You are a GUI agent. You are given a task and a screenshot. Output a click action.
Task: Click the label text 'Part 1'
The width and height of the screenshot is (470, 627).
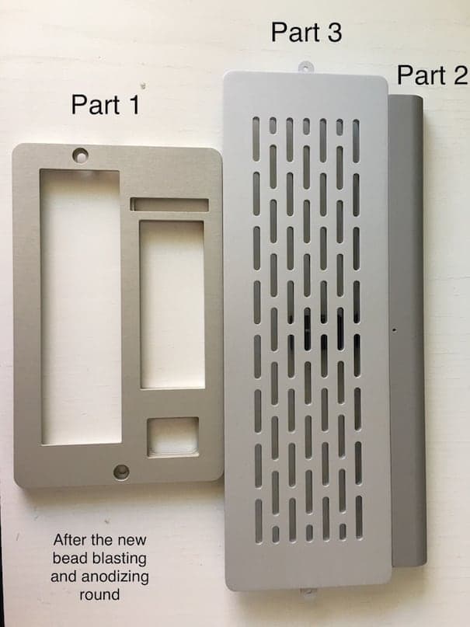pyautogui.click(x=106, y=105)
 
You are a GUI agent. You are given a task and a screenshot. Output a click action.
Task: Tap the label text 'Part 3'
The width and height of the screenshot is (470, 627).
pyautogui.click(x=307, y=33)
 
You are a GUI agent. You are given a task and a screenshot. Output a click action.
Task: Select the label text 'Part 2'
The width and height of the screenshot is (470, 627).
pyautogui.click(x=432, y=75)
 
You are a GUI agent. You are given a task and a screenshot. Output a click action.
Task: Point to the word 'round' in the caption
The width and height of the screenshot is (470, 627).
pyautogui.click(x=99, y=594)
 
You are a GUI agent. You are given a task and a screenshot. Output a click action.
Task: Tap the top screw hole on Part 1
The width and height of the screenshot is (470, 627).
pyautogui.click(x=80, y=155)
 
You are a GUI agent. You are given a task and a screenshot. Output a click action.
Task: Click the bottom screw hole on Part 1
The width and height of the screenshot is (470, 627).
pyautogui.click(x=121, y=472)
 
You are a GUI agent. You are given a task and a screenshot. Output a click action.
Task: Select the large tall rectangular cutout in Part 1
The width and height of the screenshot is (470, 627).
pyautogui.click(x=80, y=307)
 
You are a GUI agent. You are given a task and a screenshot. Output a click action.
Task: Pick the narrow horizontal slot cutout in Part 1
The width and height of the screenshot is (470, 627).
pyautogui.click(x=169, y=204)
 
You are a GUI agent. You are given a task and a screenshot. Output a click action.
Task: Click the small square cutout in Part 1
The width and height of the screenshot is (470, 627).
pyautogui.click(x=173, y=437)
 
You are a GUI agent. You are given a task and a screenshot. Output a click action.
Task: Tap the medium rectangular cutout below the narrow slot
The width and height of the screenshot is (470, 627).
pyautogui.click(x=172, y=305)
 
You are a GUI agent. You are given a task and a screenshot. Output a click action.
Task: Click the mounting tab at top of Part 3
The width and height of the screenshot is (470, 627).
pyautogui.click(x=305, y=67)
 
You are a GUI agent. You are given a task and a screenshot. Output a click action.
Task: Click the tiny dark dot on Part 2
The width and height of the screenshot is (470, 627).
pyautogui.click(x=395, y=330)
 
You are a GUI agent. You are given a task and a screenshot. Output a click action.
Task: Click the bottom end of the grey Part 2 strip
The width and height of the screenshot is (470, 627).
pyautogui.click(x=409, y=566)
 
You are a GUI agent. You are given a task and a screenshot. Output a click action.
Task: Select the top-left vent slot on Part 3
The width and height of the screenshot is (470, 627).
pyautogui.click(x=256, y=139)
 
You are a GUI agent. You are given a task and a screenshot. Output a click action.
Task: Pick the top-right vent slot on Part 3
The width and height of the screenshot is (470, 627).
pyautogui.click(x=356, y=141)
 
